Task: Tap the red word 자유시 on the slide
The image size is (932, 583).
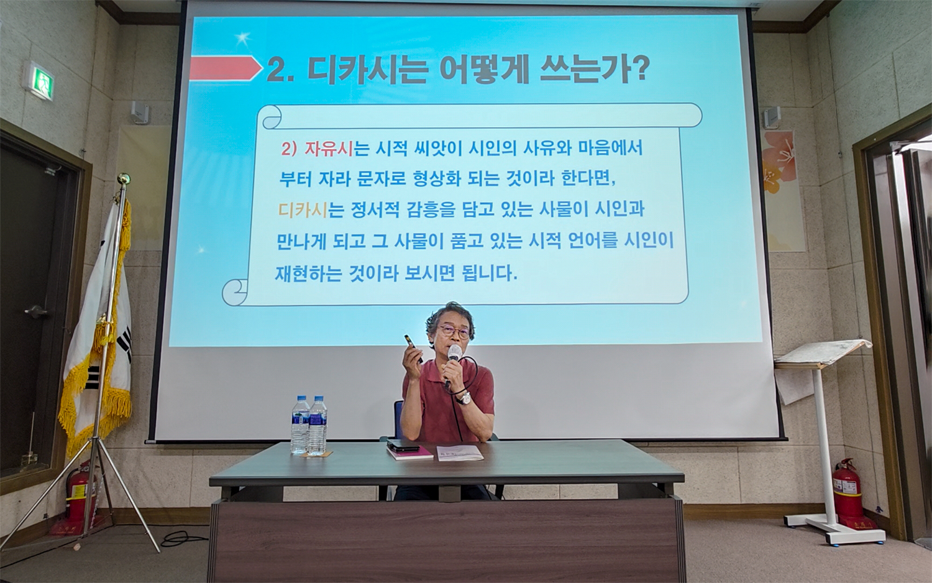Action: point(329,149)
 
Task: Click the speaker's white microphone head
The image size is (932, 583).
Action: point(455,352)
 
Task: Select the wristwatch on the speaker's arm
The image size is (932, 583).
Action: point(464,398)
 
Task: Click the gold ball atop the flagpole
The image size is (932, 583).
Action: point(124,180)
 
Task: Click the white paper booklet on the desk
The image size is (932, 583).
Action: point(460,452)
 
